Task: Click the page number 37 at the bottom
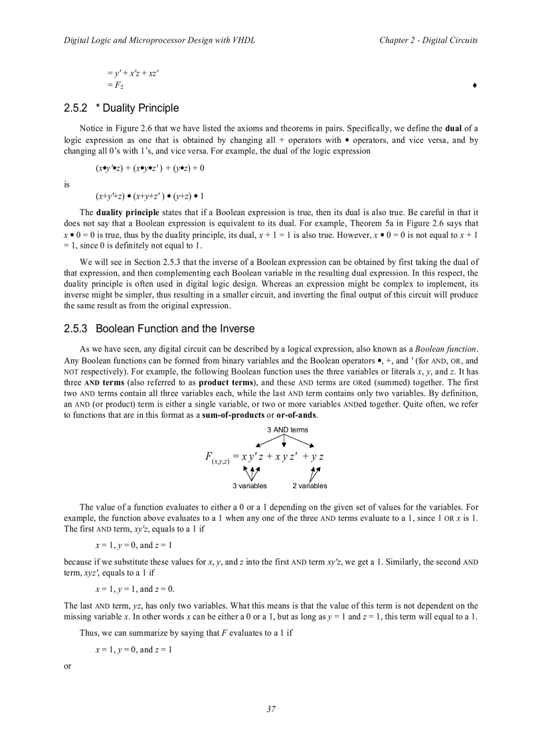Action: [271, 709]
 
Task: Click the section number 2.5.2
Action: [76, 108]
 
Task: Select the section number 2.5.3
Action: [76, 329]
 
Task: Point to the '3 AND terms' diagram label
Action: [287, 430]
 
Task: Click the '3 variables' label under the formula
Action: [250, 486]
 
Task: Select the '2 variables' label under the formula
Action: [310, 486]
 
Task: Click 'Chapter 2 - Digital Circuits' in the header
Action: [428, 41]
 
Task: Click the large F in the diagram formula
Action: [209, 457]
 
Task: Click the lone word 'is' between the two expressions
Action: [67, 185]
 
